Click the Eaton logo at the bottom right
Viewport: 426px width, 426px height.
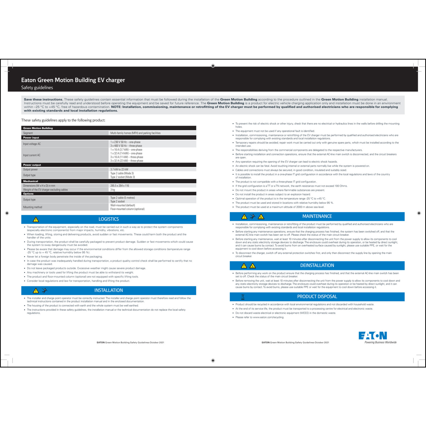pos(373,336)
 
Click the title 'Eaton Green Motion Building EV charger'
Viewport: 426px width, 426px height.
pos(73,80)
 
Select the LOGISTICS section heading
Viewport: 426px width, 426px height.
pos(108,219)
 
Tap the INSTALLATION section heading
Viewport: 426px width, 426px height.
pos(108,290)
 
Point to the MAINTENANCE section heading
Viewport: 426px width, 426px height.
pos(317,216)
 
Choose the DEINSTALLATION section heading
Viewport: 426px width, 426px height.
pos(317,266)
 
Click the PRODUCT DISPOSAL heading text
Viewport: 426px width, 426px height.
pos(317,296)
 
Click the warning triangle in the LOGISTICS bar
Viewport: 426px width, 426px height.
pos(36,220)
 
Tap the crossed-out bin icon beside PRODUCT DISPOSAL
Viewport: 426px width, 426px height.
pos(243,297)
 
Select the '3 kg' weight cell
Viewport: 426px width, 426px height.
pos(113,190)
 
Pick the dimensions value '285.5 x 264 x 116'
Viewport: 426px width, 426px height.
pos(120,186)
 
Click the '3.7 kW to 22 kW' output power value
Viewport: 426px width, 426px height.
pos(119,170)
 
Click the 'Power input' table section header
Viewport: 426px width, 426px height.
pos(31,138)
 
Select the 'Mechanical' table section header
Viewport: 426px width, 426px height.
pos(31,181)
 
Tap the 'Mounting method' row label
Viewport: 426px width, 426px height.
pos(33,207)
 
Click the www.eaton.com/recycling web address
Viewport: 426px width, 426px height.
pos(268,317)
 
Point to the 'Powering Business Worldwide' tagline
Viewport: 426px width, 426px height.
pos(381,342)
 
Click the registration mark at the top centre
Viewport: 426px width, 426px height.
pos(213,66)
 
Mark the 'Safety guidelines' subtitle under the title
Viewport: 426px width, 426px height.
pos(37,87)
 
